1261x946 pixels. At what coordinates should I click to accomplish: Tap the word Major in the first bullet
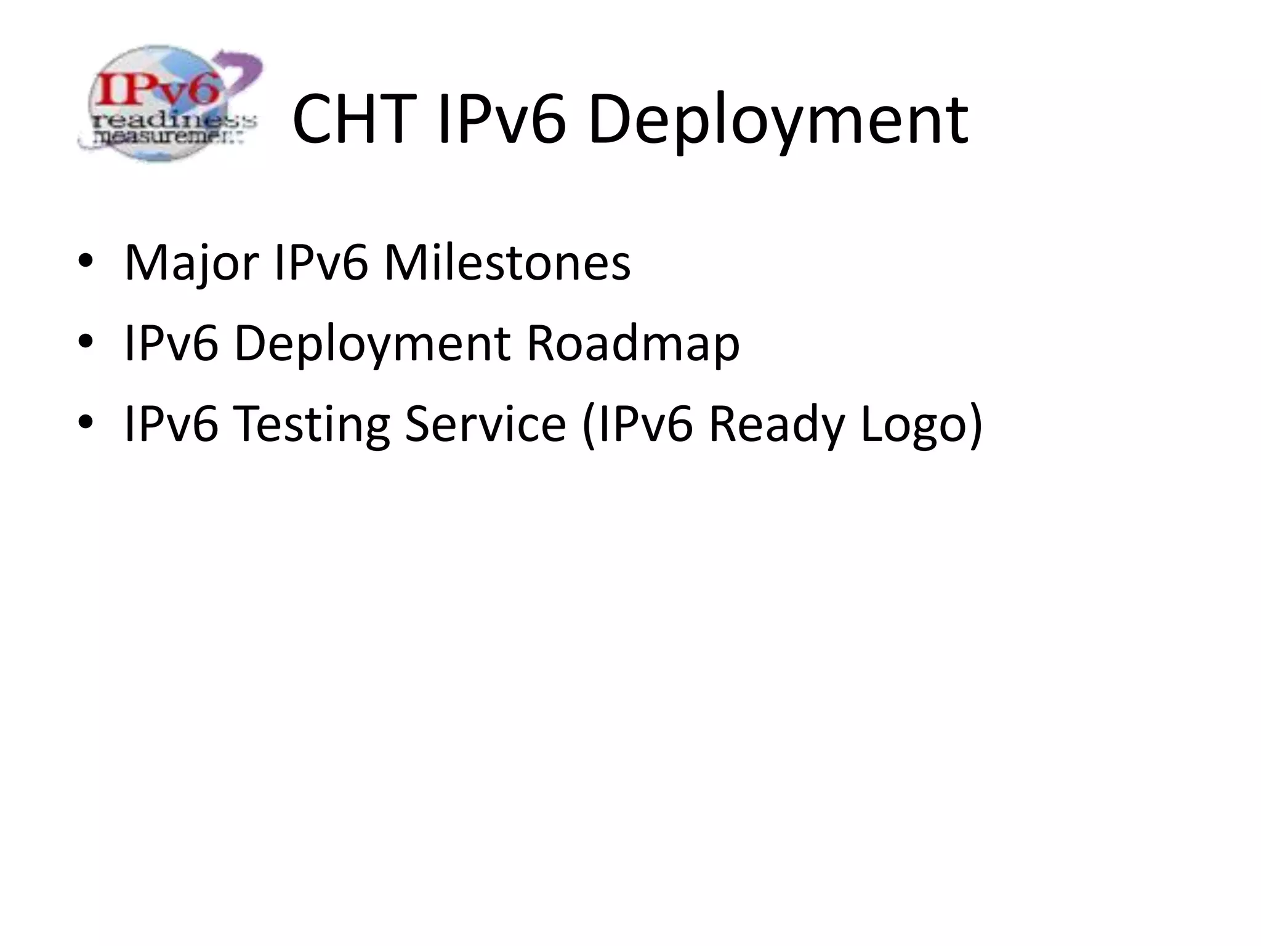point(191,264)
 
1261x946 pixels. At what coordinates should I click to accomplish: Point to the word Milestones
point(507,263)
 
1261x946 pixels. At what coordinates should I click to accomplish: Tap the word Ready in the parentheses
point(778,425)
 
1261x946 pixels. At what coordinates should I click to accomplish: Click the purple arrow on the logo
point(240,71)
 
